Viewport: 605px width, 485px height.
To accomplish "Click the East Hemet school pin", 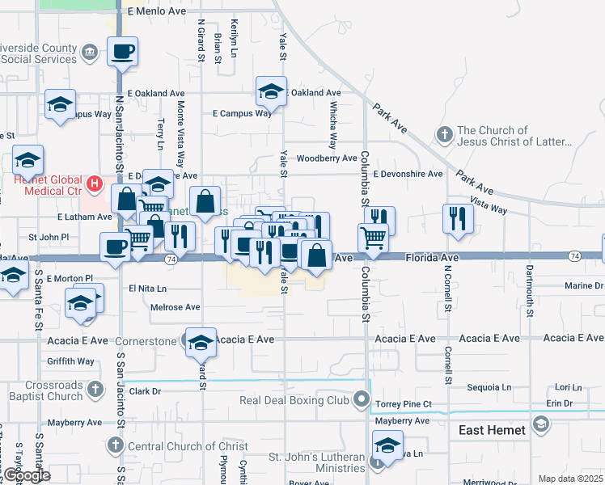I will click(x=540, y=423).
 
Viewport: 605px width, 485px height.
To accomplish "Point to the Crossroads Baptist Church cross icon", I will click(x=95, y=390).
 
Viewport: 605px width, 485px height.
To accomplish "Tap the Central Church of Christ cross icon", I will click(x=114, y=446).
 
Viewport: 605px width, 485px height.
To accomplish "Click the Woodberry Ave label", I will click(x=326, y=158).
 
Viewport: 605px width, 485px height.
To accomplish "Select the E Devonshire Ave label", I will click(x=408, y=174).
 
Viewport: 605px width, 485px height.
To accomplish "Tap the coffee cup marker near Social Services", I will click(x=122, y=52).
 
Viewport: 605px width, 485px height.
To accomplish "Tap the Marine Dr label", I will click(x=584, y=285).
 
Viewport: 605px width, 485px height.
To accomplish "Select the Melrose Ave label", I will click(x=175, y=307).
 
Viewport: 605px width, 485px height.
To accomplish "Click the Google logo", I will click(x=26, y=475).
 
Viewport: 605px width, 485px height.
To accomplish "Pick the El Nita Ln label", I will click(x=147, y=289).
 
